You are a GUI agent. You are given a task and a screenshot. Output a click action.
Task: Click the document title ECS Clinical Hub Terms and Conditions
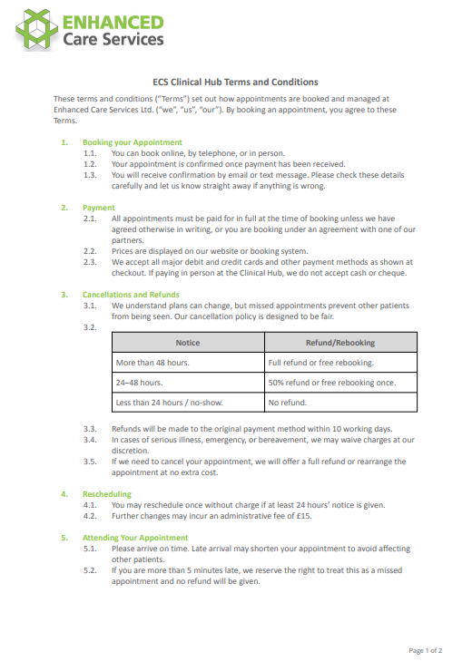(234, 82)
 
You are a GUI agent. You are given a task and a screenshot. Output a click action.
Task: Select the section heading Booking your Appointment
(132, 142)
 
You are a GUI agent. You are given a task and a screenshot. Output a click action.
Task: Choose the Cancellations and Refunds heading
(131, 295)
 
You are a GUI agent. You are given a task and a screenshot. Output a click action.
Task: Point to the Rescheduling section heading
(106, 494)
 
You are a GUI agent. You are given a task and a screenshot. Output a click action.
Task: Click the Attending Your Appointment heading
(135, 538)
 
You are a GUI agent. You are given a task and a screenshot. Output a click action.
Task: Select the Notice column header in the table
(188, 343)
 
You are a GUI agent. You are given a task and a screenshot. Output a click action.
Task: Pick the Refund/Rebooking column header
(340, 343)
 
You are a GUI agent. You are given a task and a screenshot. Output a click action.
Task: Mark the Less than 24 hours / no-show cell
(169, 403)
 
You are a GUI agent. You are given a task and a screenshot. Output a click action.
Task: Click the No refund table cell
(287, 403)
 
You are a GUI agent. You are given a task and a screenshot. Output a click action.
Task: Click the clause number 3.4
(90, 440)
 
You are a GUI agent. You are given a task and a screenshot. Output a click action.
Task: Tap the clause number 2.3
(90, 263)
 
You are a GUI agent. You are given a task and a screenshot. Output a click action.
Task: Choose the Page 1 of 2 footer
(426, 651)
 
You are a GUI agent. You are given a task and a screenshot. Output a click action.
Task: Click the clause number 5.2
(90, 570)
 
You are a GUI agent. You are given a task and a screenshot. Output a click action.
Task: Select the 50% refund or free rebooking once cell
(331, 383)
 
